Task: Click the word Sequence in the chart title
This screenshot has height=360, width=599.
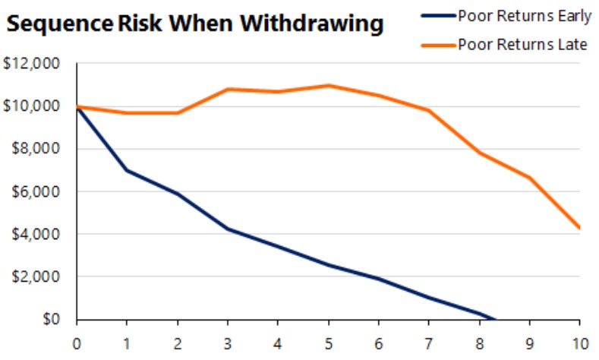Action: coord(59,24)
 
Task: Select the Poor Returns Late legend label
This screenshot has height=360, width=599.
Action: coord(522,44)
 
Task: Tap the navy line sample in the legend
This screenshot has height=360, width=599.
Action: coord(438,14)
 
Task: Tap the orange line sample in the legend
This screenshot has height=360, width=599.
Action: coord(438,44)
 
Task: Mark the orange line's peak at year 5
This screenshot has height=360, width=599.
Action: coord(329,85)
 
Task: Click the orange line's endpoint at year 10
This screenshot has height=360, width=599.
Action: coord(579,227)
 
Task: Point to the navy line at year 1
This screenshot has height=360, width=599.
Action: coord(128,171)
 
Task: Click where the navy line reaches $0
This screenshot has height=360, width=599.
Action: coord(496,319)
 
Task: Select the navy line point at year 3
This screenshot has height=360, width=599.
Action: coord(229,229)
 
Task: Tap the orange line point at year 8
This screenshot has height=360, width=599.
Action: coord(480,153)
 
